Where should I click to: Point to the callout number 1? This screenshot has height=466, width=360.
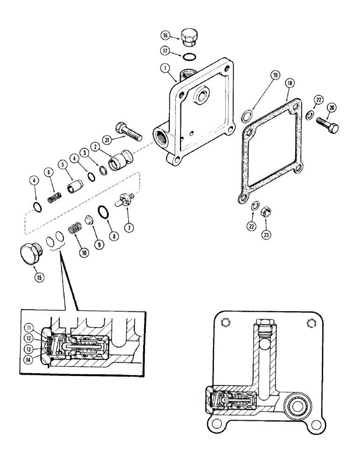point(164,68)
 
